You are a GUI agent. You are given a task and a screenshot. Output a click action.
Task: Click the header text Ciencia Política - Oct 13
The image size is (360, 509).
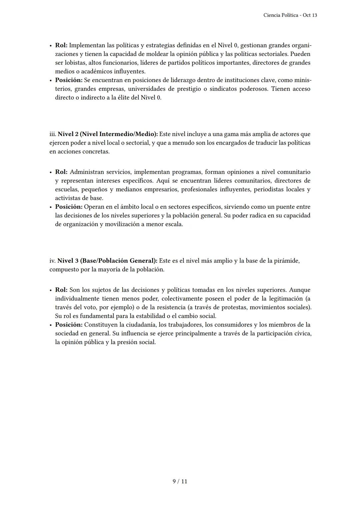(290, 15)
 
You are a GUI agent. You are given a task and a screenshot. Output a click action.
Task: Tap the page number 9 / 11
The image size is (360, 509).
(180, 481)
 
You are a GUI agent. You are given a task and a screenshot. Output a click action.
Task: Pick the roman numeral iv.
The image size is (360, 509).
(53, 261)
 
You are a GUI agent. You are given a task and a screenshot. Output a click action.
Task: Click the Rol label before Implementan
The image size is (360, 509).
(61, 45)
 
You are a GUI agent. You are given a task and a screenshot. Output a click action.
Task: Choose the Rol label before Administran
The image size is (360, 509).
(61, 172)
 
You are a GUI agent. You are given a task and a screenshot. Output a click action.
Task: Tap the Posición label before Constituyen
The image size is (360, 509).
(69, 325)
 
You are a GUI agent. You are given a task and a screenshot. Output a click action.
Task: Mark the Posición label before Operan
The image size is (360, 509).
(69, 207)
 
